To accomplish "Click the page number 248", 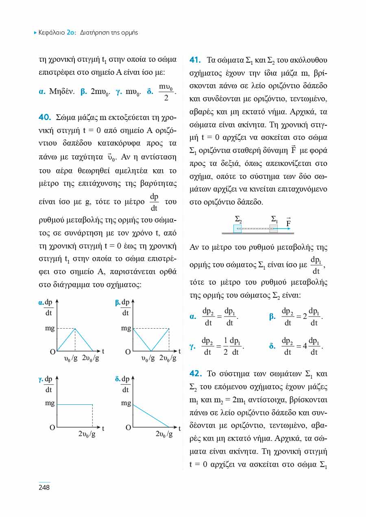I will [44, 487].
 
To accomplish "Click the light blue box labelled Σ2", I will [237, 229].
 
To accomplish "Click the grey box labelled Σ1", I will [274, 229].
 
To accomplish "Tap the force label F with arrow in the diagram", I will [288, 222].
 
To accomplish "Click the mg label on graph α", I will [50, 328].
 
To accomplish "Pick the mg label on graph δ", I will [126, 404].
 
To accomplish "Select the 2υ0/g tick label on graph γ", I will [87, 434].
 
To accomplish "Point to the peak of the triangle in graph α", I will [75, 328].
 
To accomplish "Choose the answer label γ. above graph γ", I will [40, 379].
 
